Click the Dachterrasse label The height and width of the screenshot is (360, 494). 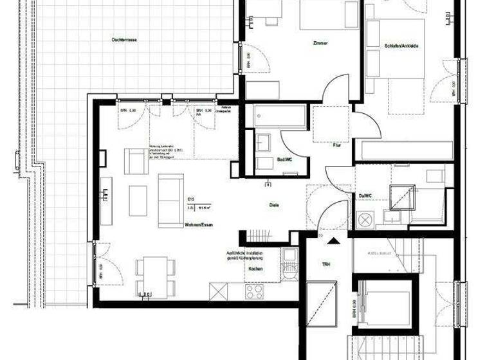(x=124, y=40)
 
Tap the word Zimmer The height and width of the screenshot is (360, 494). (x=320, y=43)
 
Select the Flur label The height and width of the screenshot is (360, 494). (x=336, y=145)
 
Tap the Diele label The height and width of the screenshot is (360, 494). (x=274, y=205)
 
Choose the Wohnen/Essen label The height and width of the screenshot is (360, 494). (x=198, y=226)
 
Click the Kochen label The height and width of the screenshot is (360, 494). (x=254, y=269)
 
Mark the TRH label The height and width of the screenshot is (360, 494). (x=325, y=264)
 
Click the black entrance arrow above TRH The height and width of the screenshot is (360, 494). (x=333, y=242)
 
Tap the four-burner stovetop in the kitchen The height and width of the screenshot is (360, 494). (x=255, y=291)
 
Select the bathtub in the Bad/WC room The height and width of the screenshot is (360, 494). (x=279, y=116)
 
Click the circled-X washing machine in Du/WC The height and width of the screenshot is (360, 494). (x=368, y=219)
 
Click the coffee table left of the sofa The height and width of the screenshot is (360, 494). (x=138, y=201)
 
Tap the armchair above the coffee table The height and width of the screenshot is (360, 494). (x=136, y=161)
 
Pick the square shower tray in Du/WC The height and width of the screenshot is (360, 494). (x=402, y=198)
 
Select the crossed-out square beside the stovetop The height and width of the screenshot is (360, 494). (x=219, y=291)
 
